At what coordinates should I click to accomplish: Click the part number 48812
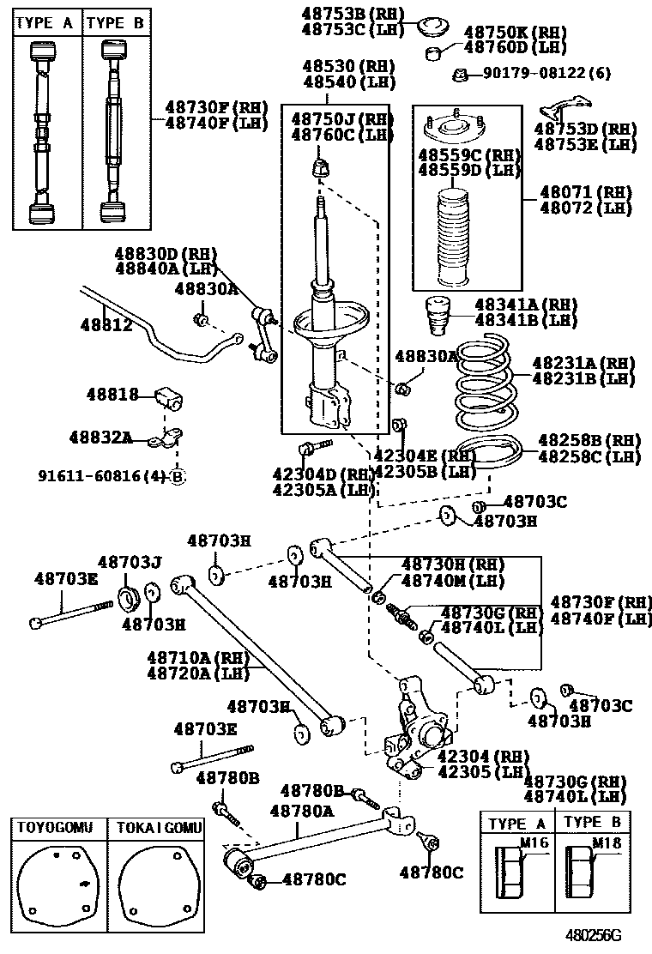(106, 326)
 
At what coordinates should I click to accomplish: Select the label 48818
(112, 395)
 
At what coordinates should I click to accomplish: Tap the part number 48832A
(100, 438)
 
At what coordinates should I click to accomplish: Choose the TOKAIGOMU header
(160, 828)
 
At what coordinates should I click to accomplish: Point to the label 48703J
(130, 562)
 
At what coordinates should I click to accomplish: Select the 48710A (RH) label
(197, 657)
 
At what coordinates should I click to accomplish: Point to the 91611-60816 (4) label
(103, 475)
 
